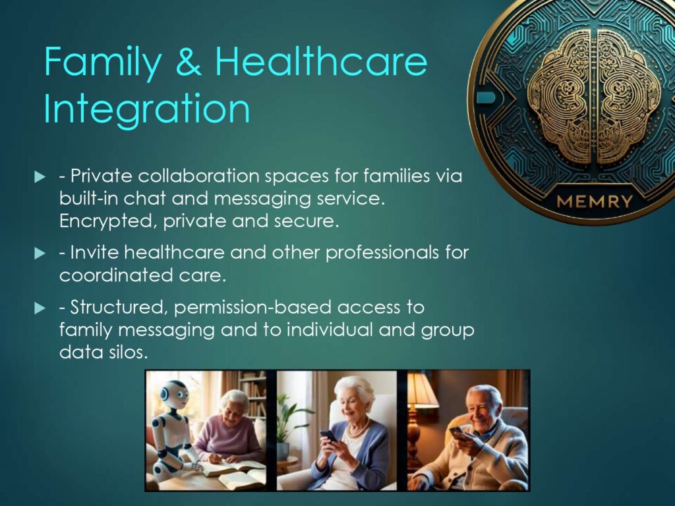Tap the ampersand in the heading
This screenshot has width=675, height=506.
tap(189, 61)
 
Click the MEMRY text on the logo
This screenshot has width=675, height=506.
tap(595, 202)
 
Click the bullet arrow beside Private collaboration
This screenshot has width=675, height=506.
tap(40, 177)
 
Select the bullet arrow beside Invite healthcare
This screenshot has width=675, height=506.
tap(40, 253)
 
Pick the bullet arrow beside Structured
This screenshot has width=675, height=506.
tap(40, 308)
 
